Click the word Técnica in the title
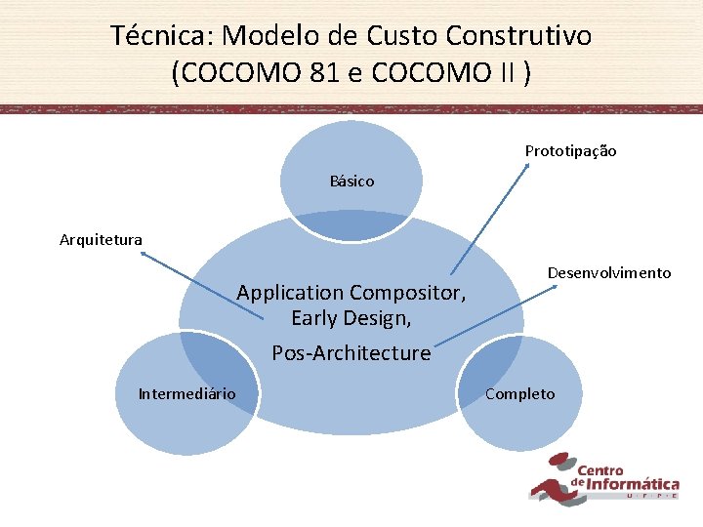162,36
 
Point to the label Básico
351,182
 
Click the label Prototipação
570,151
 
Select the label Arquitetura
101,239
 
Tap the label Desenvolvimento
608,273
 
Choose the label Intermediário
186,394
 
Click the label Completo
519,394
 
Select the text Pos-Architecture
351,353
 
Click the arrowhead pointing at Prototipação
527,167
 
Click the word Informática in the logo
632,484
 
